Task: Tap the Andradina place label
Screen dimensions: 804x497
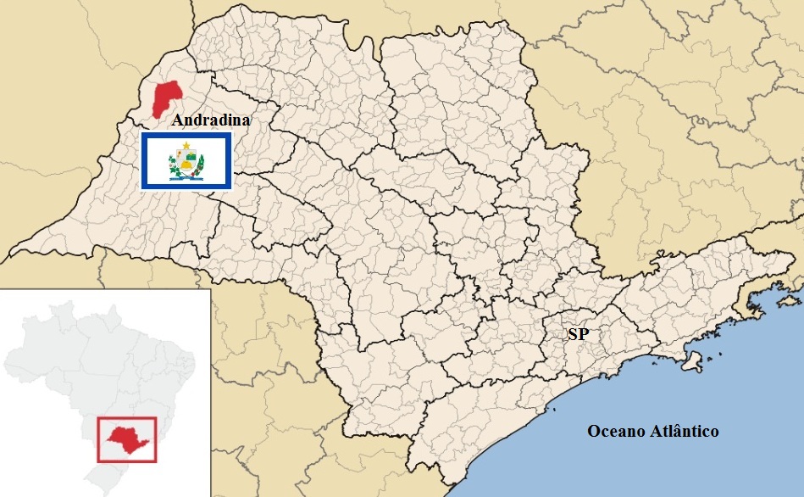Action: click(211, 120)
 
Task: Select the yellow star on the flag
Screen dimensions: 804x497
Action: click(186, 146)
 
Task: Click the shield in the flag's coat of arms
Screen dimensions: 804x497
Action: click(186, 160)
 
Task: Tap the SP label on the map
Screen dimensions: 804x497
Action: click(578, 334)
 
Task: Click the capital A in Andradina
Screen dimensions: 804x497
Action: click(178, 120)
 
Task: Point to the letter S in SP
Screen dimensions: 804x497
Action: click(573, 334)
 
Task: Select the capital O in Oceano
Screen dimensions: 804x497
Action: click(594, 432)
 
